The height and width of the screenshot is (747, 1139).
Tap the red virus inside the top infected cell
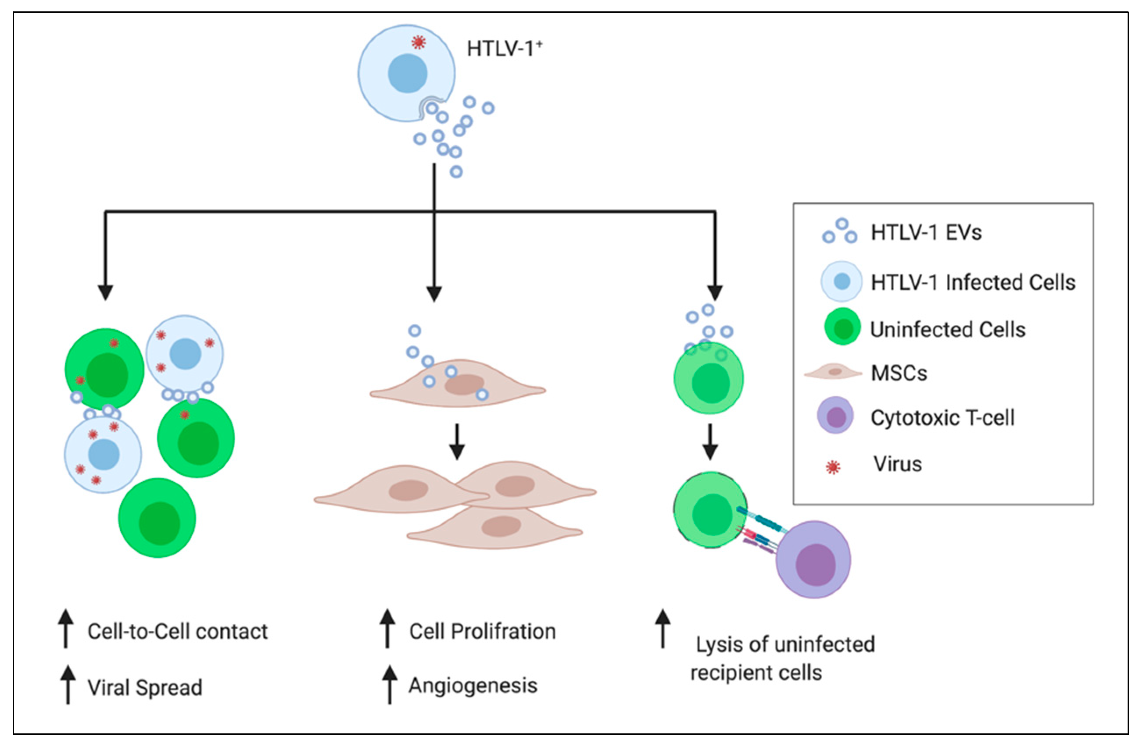click(418, 43)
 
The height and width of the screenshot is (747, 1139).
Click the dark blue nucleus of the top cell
click(407, 73)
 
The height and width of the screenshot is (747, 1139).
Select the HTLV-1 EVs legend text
click(926, 232)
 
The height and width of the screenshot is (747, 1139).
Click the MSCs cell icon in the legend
click(833, 372)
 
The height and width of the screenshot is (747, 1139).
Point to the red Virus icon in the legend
click(833, 466)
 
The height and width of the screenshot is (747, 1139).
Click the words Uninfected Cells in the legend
click(948, 330)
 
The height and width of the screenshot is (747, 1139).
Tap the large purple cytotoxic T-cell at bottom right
click(813, 559)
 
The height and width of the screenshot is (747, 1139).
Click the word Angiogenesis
click(473, 685)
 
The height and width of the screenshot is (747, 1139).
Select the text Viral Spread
click(144, 687)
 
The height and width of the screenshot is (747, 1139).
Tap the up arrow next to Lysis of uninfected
click(663, 628)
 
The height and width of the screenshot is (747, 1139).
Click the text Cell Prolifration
click(482, 631)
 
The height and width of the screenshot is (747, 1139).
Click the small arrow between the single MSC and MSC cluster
click(457, 441)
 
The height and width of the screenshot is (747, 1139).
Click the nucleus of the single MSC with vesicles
click(464, 384)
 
